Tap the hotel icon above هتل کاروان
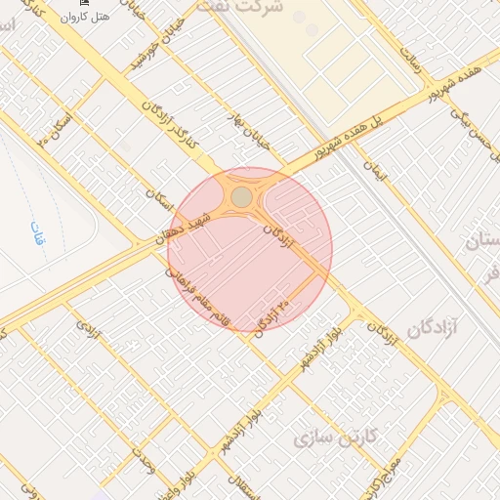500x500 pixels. [84, 4]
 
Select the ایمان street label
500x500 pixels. [377, 172]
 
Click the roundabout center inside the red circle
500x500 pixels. [241, 198]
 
